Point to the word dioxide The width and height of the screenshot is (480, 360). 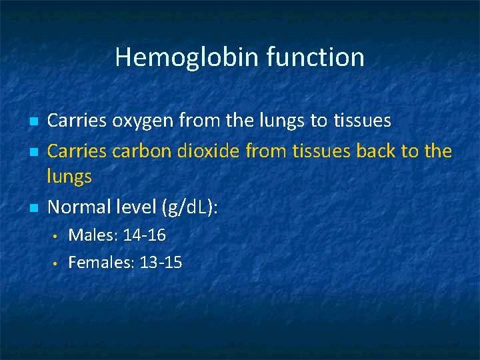coord(209,151)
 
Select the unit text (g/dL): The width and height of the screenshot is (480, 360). coord(190,208)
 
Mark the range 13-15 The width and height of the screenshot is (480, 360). coord(161,263)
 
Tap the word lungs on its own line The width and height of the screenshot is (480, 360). coord(69,177)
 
